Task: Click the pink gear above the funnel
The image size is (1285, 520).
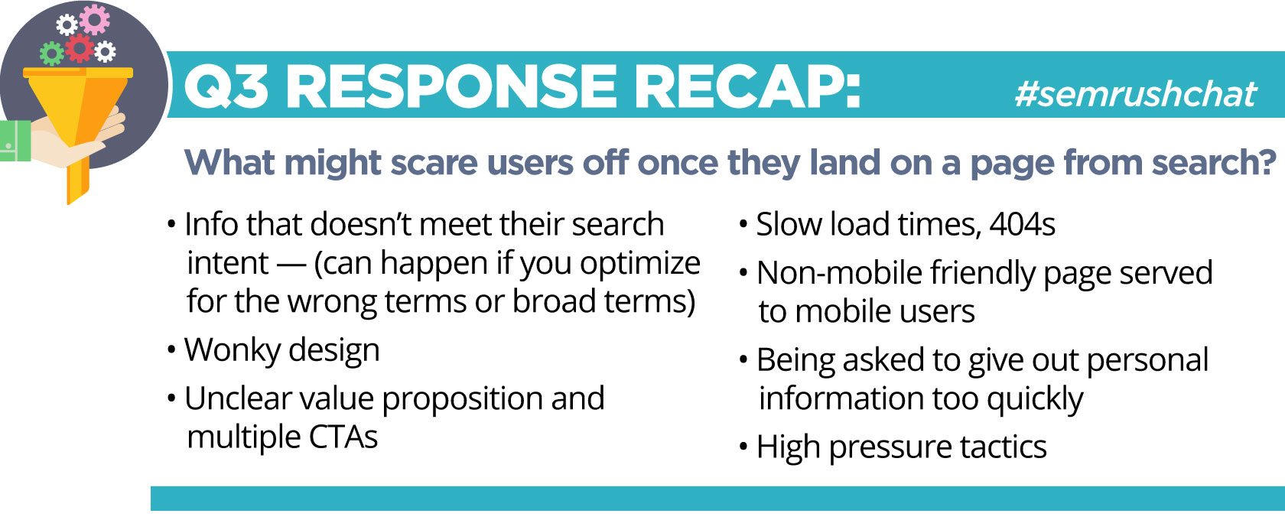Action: click(x=95, y=19)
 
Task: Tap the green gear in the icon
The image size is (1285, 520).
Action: click(x=52, y=54)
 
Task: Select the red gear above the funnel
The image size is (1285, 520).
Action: click(x=80, y=48)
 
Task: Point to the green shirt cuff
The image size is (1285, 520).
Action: click(x=15, y=141)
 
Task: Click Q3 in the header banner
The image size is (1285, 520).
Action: click(x=226, y=86)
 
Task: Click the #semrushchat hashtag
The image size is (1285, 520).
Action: click(x=1136, y=93)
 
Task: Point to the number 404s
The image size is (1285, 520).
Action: click(x=1022, y=223)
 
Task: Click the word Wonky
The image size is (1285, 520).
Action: click(x=233, y=349)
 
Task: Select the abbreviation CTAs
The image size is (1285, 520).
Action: click(x=343, y=437)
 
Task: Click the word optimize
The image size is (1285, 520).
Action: click(x=640, y=264)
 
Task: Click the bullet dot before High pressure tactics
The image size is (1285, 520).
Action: click(x=744, y=447)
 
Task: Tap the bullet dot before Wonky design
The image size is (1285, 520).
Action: click(x=171, y=349)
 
